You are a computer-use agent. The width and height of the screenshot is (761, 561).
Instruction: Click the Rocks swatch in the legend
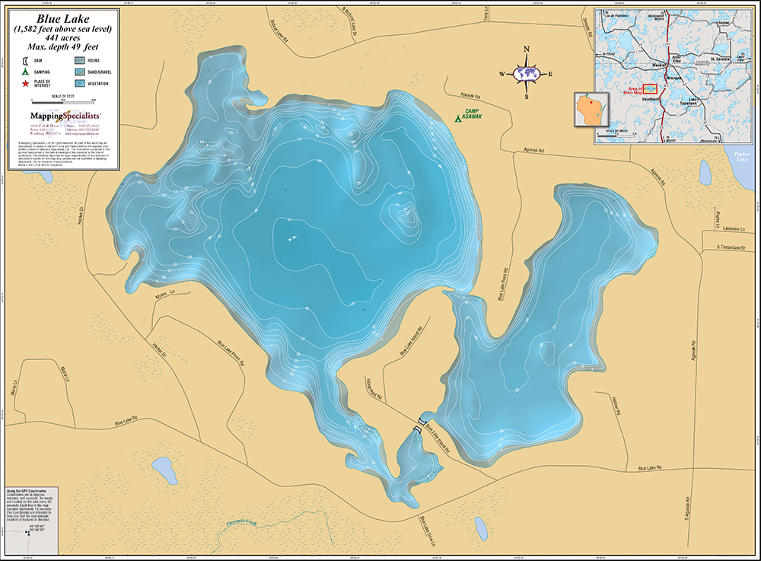[80, 59]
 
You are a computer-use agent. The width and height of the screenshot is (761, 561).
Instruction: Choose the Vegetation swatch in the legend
[80, 83]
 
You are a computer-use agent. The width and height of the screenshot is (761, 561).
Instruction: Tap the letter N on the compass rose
[527, 49]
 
